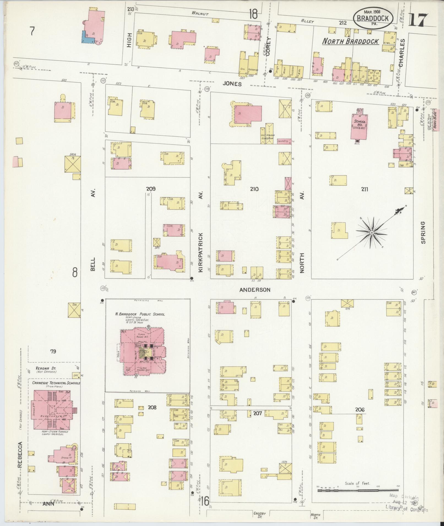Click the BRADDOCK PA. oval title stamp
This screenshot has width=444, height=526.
(373, 18)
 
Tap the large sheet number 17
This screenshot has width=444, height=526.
(418, 20)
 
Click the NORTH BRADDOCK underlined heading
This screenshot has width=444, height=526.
(350, 41)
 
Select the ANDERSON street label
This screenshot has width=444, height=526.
(255, 290)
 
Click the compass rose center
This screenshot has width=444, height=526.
(372, 233)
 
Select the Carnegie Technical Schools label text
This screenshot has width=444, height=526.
(56, 383)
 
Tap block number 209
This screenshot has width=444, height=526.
(151, 189)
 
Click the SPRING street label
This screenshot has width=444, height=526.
(423, 232)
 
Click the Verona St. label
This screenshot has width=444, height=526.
(45, 368)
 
